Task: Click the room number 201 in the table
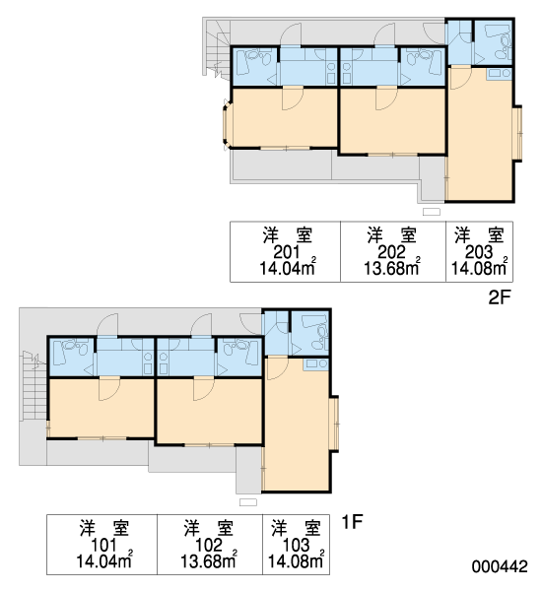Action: click(287, 252)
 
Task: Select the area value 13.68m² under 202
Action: click(392, 267)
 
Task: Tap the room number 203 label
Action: click(479, 252)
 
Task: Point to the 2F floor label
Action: click(499, 297)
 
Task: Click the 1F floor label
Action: click(352, 522)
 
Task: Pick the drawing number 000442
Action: click(500, 566)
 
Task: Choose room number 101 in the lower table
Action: click(103, 545)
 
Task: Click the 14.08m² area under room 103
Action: click(296, 560)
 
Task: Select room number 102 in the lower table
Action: click(209, 545)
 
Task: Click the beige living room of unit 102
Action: click(209, 412)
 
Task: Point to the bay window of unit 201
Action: click(226, 125)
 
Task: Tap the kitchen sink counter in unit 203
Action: click(499, 73)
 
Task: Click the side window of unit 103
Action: click(334, 424)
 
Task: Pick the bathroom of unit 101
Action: click(72, 357)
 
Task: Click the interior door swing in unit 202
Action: click(386, 98)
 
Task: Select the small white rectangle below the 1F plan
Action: click(248, 502)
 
